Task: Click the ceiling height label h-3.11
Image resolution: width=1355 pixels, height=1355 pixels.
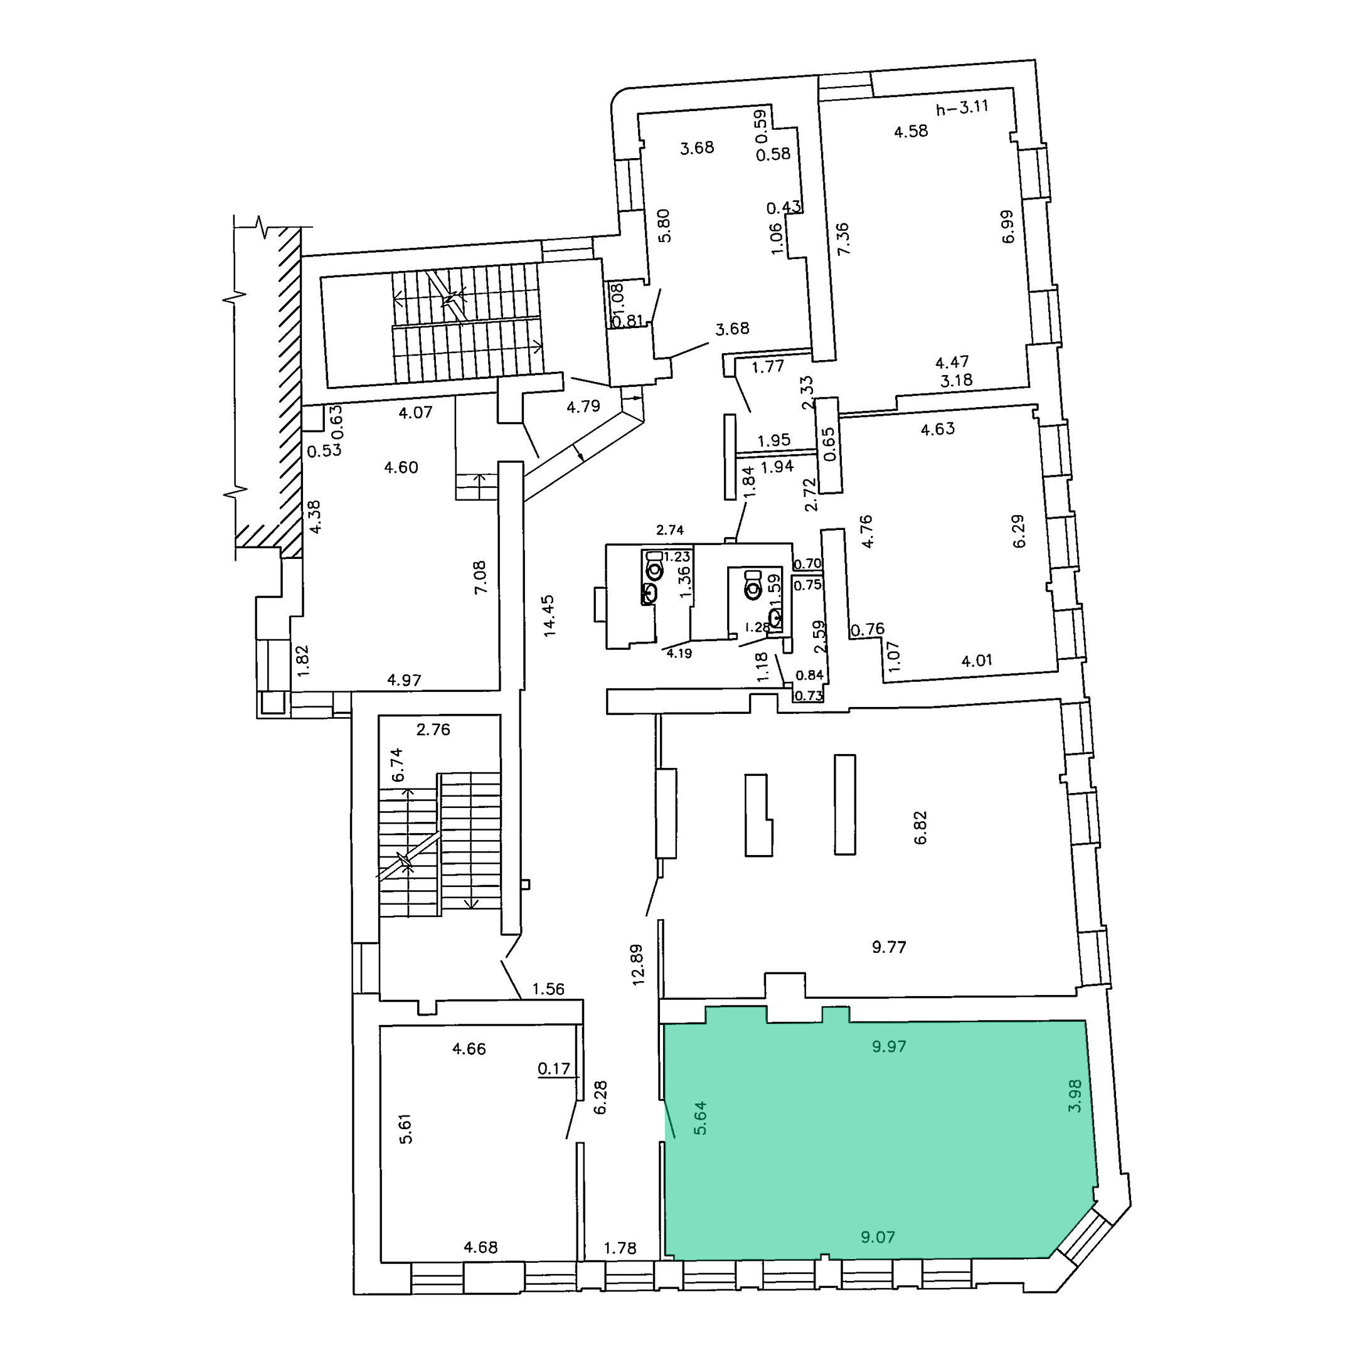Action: click(962, 108)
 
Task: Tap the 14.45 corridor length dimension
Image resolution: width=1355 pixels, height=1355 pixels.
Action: click(549, 615)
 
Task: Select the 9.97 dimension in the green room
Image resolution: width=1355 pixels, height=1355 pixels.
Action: click(890, 1046)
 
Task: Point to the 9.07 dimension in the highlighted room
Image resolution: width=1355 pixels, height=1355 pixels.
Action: click(878, 1237)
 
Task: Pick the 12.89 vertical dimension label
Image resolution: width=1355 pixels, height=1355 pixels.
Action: click(637, 964)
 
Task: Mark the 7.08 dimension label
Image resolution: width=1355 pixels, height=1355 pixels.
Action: click(481, 577)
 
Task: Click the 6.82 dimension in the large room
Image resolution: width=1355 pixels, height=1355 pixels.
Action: click(921, 827)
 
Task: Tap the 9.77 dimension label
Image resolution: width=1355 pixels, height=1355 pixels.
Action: click(890, 947)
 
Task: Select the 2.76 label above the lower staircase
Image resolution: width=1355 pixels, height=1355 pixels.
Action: click(433, 730)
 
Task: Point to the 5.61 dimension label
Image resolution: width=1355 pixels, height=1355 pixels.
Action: click(405, 1129)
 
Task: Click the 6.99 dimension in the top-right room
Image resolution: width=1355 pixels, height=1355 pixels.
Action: click(1008, 226)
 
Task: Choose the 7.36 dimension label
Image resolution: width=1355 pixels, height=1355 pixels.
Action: click(843, 238)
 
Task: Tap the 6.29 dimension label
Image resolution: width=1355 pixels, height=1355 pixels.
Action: click(1018, 531)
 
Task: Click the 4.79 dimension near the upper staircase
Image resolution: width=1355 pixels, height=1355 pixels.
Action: click(583, 406)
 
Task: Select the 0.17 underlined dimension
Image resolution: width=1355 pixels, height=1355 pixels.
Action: click(554, 1069)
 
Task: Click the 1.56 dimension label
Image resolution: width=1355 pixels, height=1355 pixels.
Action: click(548, 989)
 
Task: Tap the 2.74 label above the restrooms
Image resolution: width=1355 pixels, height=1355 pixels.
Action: click(670, 530)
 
